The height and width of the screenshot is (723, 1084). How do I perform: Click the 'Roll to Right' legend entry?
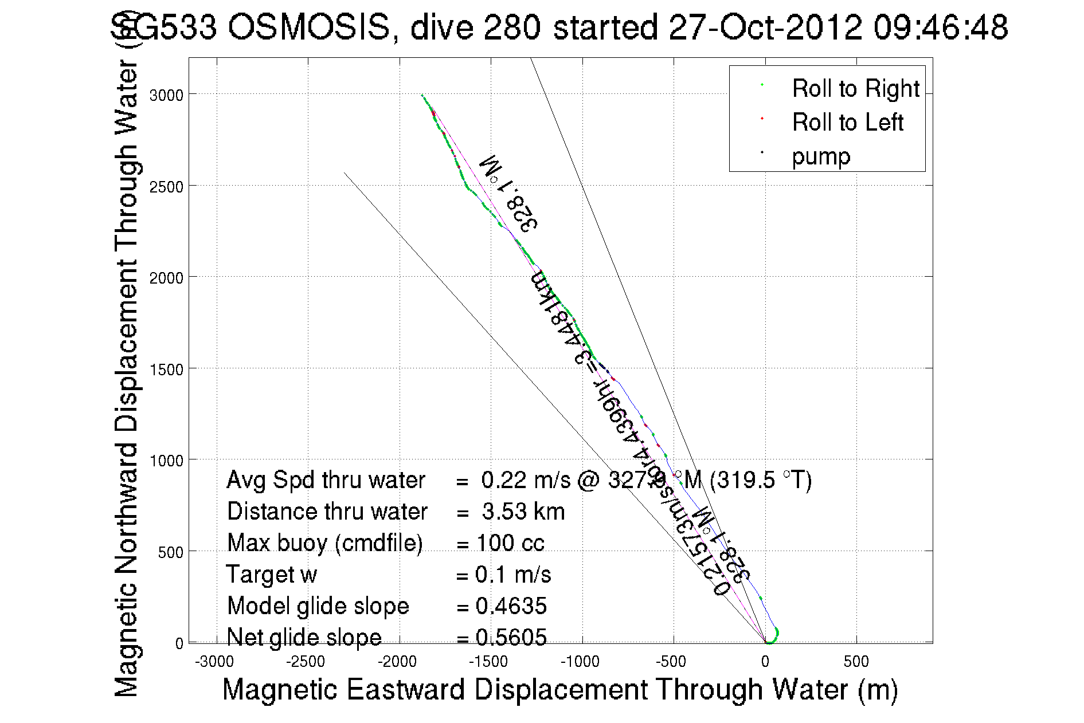(x=855, y=89)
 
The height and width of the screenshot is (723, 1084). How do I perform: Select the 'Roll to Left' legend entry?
(x=847, y=123)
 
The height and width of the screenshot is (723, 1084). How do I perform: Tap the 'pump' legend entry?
(x=821, y=156)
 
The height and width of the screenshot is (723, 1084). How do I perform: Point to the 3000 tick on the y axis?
(x=166, y=95)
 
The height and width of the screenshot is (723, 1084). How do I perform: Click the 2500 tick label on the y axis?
(x=166, y=187)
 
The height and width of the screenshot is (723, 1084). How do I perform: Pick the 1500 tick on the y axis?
(x=166, y=370)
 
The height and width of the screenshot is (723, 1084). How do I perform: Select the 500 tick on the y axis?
(x=170, y=552)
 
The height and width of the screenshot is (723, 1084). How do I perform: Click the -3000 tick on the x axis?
(x=214, y=662)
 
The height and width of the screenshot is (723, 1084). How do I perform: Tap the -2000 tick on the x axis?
(x=397, y=662)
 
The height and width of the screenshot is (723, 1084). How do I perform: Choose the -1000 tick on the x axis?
(x=580, y=662)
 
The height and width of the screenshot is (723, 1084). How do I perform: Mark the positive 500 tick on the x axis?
(x=856, y=662)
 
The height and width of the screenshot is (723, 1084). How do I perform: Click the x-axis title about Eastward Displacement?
(x=559, y=689)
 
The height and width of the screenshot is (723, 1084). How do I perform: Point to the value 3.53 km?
(x=523, y=512)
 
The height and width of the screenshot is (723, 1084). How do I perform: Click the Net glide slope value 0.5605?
(x=511, y=638)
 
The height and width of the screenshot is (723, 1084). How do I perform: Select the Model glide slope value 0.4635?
(x=511, y=606)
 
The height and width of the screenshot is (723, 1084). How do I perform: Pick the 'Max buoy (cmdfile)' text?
(x=324, y=543)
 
